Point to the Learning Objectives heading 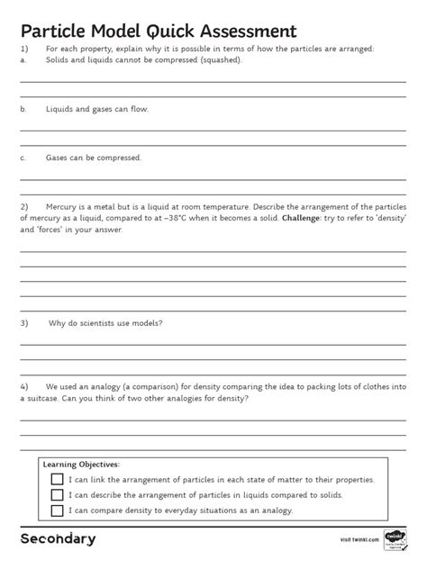[x=81, y=465]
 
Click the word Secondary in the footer [x=58, y=538]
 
